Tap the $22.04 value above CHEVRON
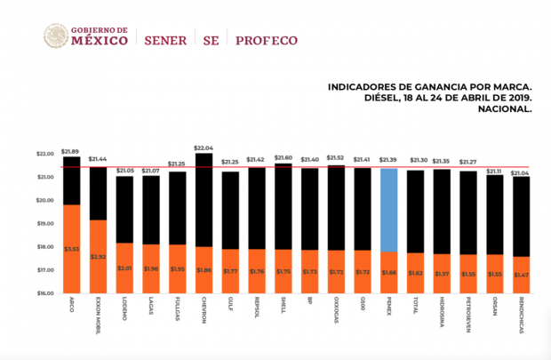point(204,148)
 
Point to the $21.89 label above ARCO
point(71,151)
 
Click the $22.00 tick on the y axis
point(44,154)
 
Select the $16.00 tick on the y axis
point(44,292)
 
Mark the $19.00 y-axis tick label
point(44,223)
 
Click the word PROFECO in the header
point(266,40)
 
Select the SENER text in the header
point(163,40)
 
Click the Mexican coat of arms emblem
point(54,36)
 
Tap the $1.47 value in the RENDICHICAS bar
point(521,275)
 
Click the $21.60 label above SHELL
point(283,157)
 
